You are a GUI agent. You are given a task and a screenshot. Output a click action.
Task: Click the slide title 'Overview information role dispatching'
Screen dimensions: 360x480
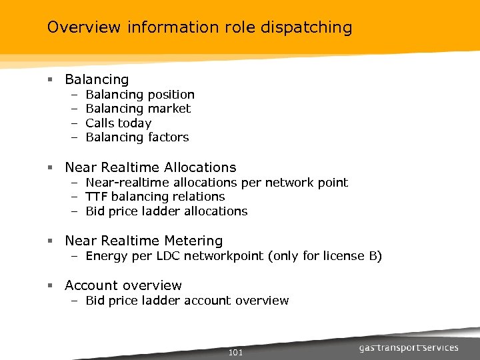(x=199, y=27)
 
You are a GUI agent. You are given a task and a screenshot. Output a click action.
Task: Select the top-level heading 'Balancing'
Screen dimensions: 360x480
(x=97, y=79)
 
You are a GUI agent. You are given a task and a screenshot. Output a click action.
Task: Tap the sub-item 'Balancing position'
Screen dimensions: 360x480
(x=140, y=95)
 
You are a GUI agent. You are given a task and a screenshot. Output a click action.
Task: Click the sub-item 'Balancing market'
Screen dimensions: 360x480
(x=138, y=109)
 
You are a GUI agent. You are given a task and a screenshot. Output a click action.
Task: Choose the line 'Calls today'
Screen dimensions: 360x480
(x=119, y=123)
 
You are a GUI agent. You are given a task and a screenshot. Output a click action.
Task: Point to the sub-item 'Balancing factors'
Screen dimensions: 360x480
(x=137, y=137)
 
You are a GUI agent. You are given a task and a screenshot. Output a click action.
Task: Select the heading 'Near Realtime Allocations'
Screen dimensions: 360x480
(x=151, y=167)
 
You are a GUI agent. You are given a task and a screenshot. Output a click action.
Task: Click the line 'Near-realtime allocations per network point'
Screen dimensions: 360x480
(x=217, y=182)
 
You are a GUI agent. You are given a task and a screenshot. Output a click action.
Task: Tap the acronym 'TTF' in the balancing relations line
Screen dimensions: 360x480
(x=97, y=197)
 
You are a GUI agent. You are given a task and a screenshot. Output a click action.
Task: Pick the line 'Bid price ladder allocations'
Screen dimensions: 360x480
(x=167, y=211)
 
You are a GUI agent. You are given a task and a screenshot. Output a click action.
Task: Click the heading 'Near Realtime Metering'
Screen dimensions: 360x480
(x=144, y=241)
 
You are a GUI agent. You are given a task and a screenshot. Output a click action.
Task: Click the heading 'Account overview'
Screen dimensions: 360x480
(x=123, y=285)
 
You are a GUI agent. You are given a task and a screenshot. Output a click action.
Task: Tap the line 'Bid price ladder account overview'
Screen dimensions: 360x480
(x=187, y=301)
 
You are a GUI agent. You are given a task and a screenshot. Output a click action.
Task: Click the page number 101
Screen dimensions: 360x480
(x=235, y=352)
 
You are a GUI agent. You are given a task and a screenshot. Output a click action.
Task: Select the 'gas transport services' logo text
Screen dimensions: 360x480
(x=409, y=348)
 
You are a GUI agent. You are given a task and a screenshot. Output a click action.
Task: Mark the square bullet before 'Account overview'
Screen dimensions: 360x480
(x=50, y=286)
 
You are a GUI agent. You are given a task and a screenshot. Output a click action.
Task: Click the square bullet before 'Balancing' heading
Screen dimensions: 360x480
(x=50, y=80)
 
